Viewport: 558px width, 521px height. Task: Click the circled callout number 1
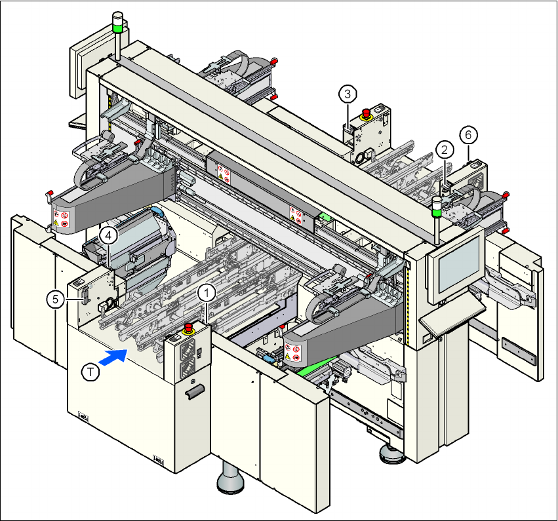207,293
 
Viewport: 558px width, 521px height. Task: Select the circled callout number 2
445,149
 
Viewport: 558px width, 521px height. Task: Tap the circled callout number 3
348,94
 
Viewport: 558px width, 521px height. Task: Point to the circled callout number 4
109,233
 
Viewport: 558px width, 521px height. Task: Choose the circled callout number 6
468,135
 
